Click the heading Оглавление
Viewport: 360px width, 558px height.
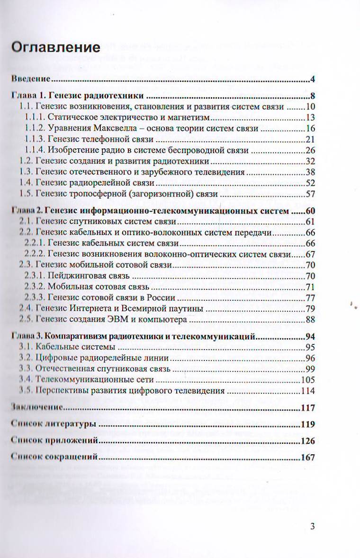tap(55, 48)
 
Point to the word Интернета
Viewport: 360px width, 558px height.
tap(104, 309)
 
